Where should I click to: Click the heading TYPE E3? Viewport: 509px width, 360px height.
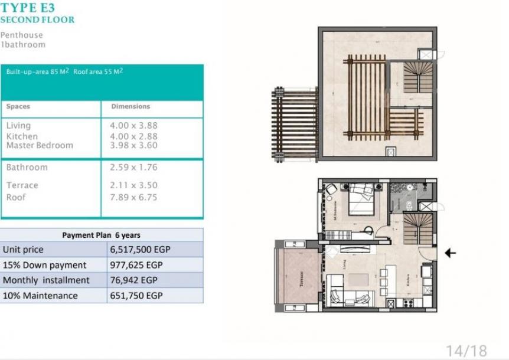[x=28, y=8]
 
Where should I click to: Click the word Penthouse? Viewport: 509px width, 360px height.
[x=22, y=35]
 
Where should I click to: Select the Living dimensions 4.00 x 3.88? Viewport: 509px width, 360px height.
[x=133, y=126]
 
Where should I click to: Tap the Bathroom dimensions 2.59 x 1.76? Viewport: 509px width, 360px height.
[x=133, y=168]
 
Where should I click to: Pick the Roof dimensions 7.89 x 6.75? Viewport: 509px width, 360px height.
[x=133, y=197]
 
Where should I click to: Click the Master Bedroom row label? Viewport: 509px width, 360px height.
[x=40, y=145]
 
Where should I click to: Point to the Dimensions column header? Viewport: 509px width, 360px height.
[x=130, y=107]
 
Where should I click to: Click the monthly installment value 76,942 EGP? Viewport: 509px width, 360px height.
[x=134, y=280]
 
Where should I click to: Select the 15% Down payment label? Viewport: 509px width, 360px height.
[x=44, y=265]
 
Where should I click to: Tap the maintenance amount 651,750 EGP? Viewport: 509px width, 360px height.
[x=136, y=296]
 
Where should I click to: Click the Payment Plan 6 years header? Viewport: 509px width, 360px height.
[x=101, y=235]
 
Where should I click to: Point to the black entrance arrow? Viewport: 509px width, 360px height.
[x=450, y=253]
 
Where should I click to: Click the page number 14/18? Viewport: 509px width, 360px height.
[x=466, y=351]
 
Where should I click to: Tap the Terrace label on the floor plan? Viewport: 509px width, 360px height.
[x=301, y=279]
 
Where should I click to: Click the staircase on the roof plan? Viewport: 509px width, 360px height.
[x=418, y=77]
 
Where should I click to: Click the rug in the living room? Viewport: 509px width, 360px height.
[x=358, y=279]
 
